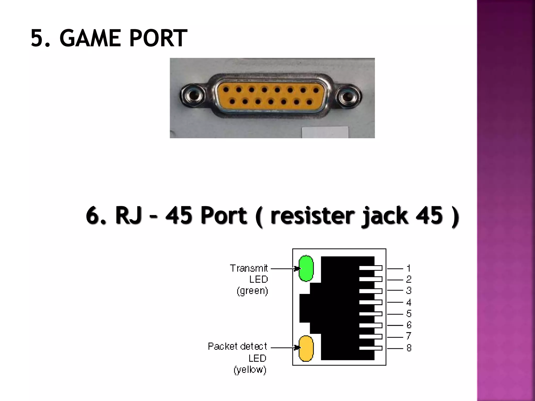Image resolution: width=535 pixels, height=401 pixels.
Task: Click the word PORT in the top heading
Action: (158, 38)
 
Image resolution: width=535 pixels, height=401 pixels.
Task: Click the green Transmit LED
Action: (306, 268)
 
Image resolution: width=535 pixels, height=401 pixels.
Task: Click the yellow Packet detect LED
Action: (306, 349)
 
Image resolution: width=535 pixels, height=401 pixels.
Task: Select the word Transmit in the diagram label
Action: (249, 268)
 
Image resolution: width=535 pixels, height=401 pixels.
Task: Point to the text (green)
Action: (252, 291)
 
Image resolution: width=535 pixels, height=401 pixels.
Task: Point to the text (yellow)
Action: (250, 370)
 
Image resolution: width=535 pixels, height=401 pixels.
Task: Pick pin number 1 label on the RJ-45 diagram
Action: (409, 268)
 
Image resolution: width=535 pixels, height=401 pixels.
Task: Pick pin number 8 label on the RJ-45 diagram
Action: (409, 348)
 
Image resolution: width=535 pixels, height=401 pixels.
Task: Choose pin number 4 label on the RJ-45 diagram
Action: (409, 303)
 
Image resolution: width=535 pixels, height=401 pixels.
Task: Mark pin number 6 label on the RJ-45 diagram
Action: (409, 325)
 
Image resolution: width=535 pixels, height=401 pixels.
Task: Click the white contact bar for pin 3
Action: (370, 291)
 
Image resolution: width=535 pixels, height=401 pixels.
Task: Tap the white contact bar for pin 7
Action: (370, 337)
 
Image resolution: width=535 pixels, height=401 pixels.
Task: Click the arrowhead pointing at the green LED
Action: (296, 268)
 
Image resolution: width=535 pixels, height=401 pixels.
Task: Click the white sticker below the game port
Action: (325, 132)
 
